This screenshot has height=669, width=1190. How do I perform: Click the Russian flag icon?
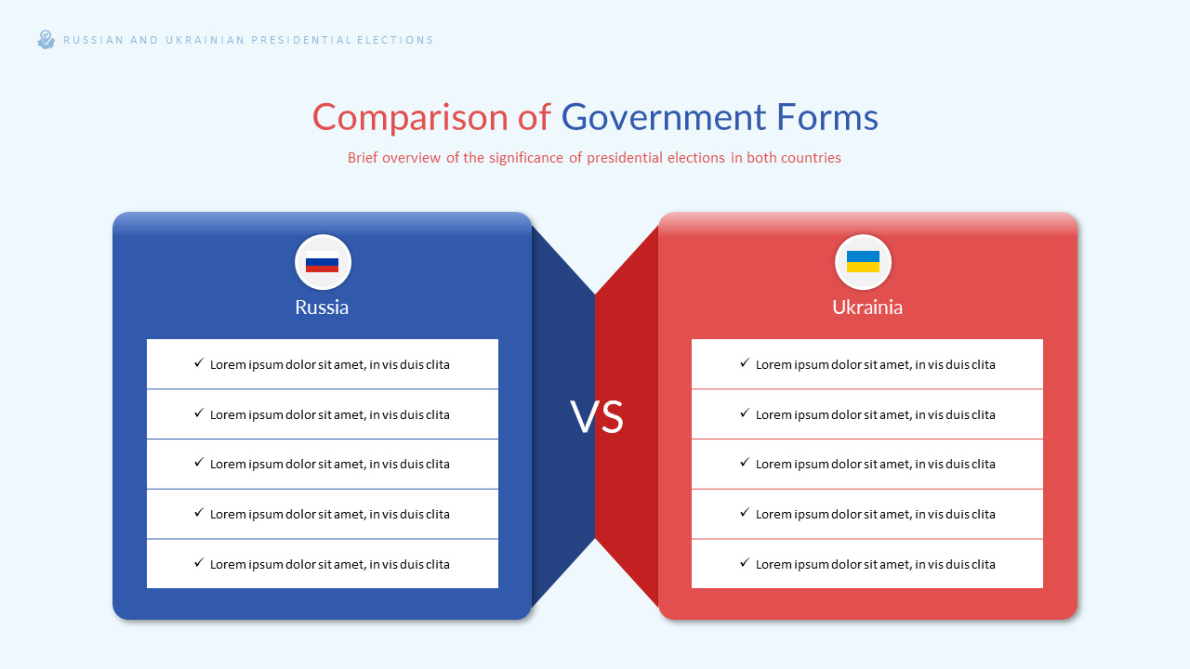pyautogui.click(x=322, y=262)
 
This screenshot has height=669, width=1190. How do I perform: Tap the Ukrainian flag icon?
pyautogui.click(x=863, y=262)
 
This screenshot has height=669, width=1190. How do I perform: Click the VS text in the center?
pyautogui.click(x=597, y=417)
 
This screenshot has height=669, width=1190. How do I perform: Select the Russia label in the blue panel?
pyautogui.click(x=322, y=307)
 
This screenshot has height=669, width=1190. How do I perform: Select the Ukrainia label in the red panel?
pyautogui.click(x=867, y=307)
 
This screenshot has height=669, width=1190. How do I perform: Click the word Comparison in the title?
pyautogui.click(x=410, y=117)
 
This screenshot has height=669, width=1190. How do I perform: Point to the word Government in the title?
pyautogui.click(x=664, y=117)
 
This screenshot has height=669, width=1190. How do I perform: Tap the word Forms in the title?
pyautogui.click(x=827, y=117)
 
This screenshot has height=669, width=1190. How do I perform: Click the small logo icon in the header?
pyautogui.click(x=46, y=40)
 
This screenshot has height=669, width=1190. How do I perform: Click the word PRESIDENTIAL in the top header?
pyautogui.click(x=301, y=40)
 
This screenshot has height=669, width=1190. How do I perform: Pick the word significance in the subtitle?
pyautogui.click(x=526, y=158)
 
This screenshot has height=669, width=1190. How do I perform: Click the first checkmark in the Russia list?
pyautogui.click(x=199, y=363)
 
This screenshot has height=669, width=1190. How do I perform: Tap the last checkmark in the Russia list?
pyautogui.click(x=199, y=563)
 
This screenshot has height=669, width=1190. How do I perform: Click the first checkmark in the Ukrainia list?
pyautogui.click(x=745, y=363)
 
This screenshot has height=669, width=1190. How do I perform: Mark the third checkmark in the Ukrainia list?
pyautogui.click(x=745, y=463)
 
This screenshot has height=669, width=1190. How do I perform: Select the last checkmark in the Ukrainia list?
pyautogui.click(x=745, y=563)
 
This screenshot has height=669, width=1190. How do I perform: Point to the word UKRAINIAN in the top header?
pyautogui.click(x=205, y=40)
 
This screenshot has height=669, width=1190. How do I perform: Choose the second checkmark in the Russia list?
pyautogui.click(x=199, y=413)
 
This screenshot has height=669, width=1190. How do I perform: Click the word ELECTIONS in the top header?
pyautogui.click(x=395, y=40)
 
